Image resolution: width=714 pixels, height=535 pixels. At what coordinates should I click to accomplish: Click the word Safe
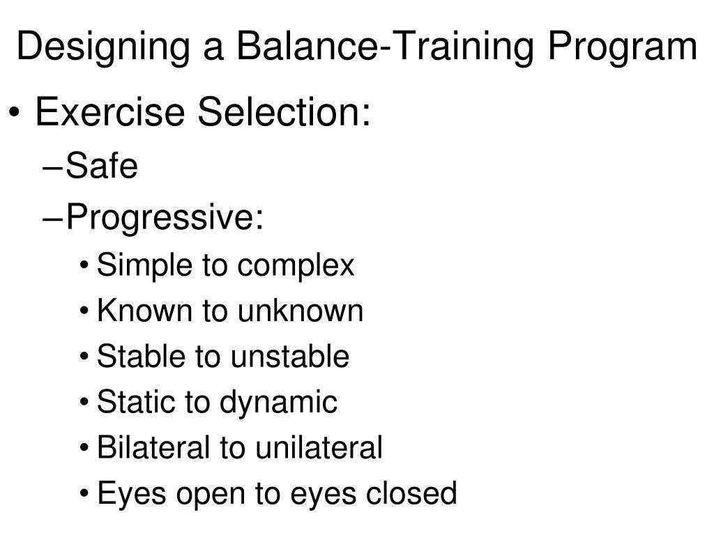(x=102, y=167)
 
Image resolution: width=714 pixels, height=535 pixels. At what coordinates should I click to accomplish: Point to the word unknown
(x=301, y=311)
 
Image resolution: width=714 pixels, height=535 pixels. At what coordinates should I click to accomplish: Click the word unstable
(x=290, y=356)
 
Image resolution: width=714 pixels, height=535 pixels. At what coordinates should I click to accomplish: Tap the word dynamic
(x=279, y=402)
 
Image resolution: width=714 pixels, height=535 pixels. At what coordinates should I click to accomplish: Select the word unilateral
(x=319, y=447)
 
